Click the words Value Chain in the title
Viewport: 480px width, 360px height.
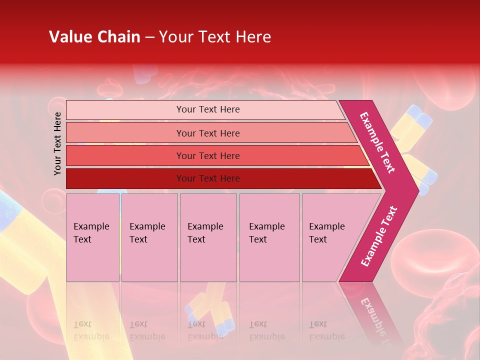[94, 37]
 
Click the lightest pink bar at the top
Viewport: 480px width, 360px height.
[125, 110]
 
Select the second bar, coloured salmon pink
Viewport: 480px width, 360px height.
[125, 133]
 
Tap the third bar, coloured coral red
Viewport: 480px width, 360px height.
[125, 155]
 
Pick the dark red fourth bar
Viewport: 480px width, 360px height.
[125, 178]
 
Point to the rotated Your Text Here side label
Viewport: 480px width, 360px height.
[58, 143]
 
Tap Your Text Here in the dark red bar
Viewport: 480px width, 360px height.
[208, 178]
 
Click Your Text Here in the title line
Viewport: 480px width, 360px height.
[215, 37]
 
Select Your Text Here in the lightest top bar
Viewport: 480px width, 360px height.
[208, 109]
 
